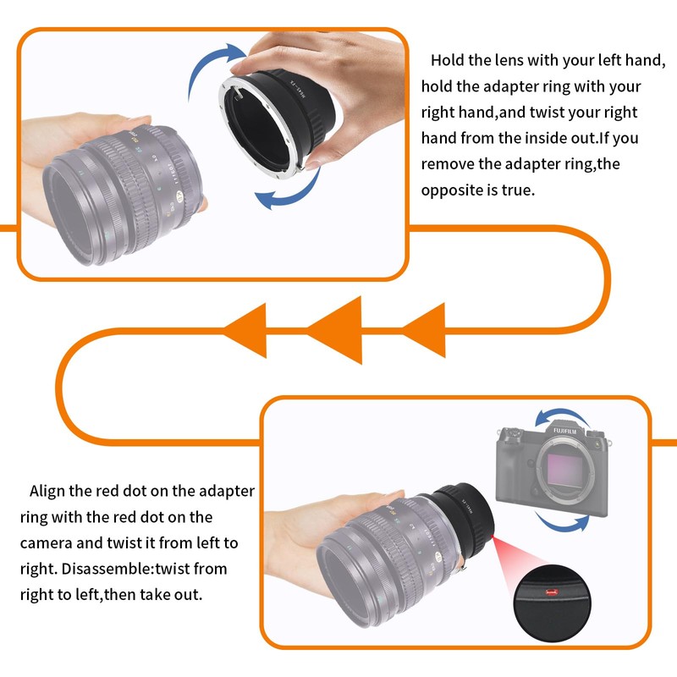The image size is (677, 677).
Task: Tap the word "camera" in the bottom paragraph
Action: tap(47, 542)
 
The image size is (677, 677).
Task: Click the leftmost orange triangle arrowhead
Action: tap(245, 331)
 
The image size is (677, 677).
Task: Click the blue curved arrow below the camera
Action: tap(564, 522)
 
